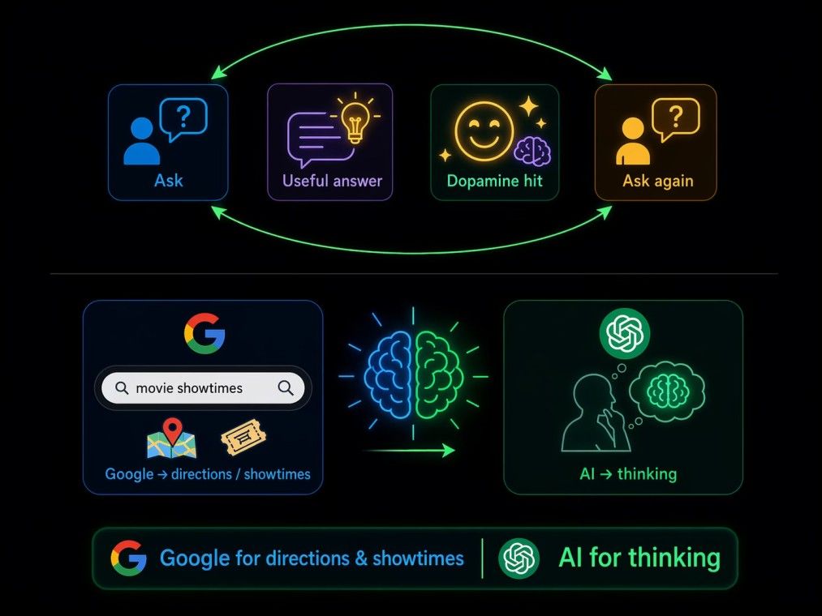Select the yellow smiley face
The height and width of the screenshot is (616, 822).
pyautogui.click(x=484, y=131)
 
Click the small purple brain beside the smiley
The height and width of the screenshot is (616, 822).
pyautogui.click(x=532, y=151)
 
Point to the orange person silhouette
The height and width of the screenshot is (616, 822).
pyautogui.click(x=633, y=141)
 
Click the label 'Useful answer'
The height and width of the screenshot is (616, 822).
pyautogui.click(x=333, y=182)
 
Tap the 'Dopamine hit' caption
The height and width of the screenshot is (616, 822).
pyautogui.click(x=494, y=182)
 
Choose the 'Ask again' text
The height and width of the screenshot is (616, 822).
pyautogui.click(x=658, y=182)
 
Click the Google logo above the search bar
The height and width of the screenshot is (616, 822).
pyautogui.click(x=204, y=333)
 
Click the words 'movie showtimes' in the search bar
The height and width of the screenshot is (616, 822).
pyautogui.click(x=189, y=388)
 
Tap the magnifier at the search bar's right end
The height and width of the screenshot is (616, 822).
pyautogui.click(x=286, y=388)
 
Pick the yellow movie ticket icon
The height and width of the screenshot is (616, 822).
pyautogui.click(x=243, y=437)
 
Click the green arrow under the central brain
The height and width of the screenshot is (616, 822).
pyautogui.click(x=410, y=450)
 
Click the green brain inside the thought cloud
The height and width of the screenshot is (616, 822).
pyautogui.click(x=667, y=391)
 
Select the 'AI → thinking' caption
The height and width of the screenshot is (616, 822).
pyautogui.click(x=628, y=474)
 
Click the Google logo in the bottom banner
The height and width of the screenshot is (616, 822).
pyautogui.click(x=128, y=558)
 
